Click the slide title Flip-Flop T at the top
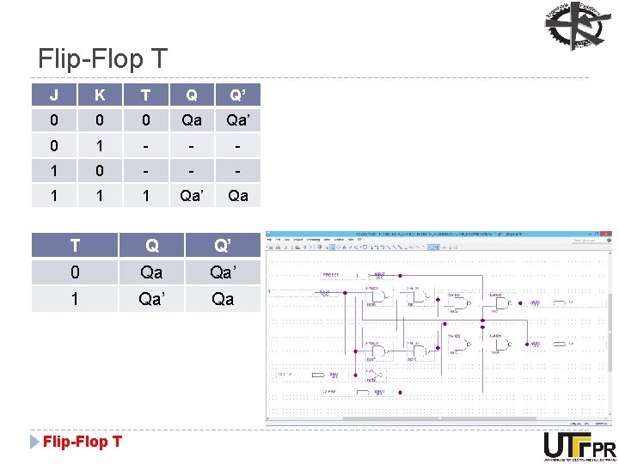tap(102, 59)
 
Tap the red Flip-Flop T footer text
tap(83, 442)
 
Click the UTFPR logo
tap(579, 447)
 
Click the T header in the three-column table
tap(75, 246)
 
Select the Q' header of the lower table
tap(223, 246)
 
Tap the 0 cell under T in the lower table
tap(75, 272)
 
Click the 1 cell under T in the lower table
tap(75, 298)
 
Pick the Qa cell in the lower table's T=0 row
tap(151, 272)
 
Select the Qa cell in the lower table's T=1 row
tap(223, 298)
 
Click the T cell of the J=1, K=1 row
tap(147, 195)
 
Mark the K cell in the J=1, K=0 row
tap(101, 170)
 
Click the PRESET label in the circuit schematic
tap(331, 275)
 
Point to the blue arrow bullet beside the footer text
tap(34, 442)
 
